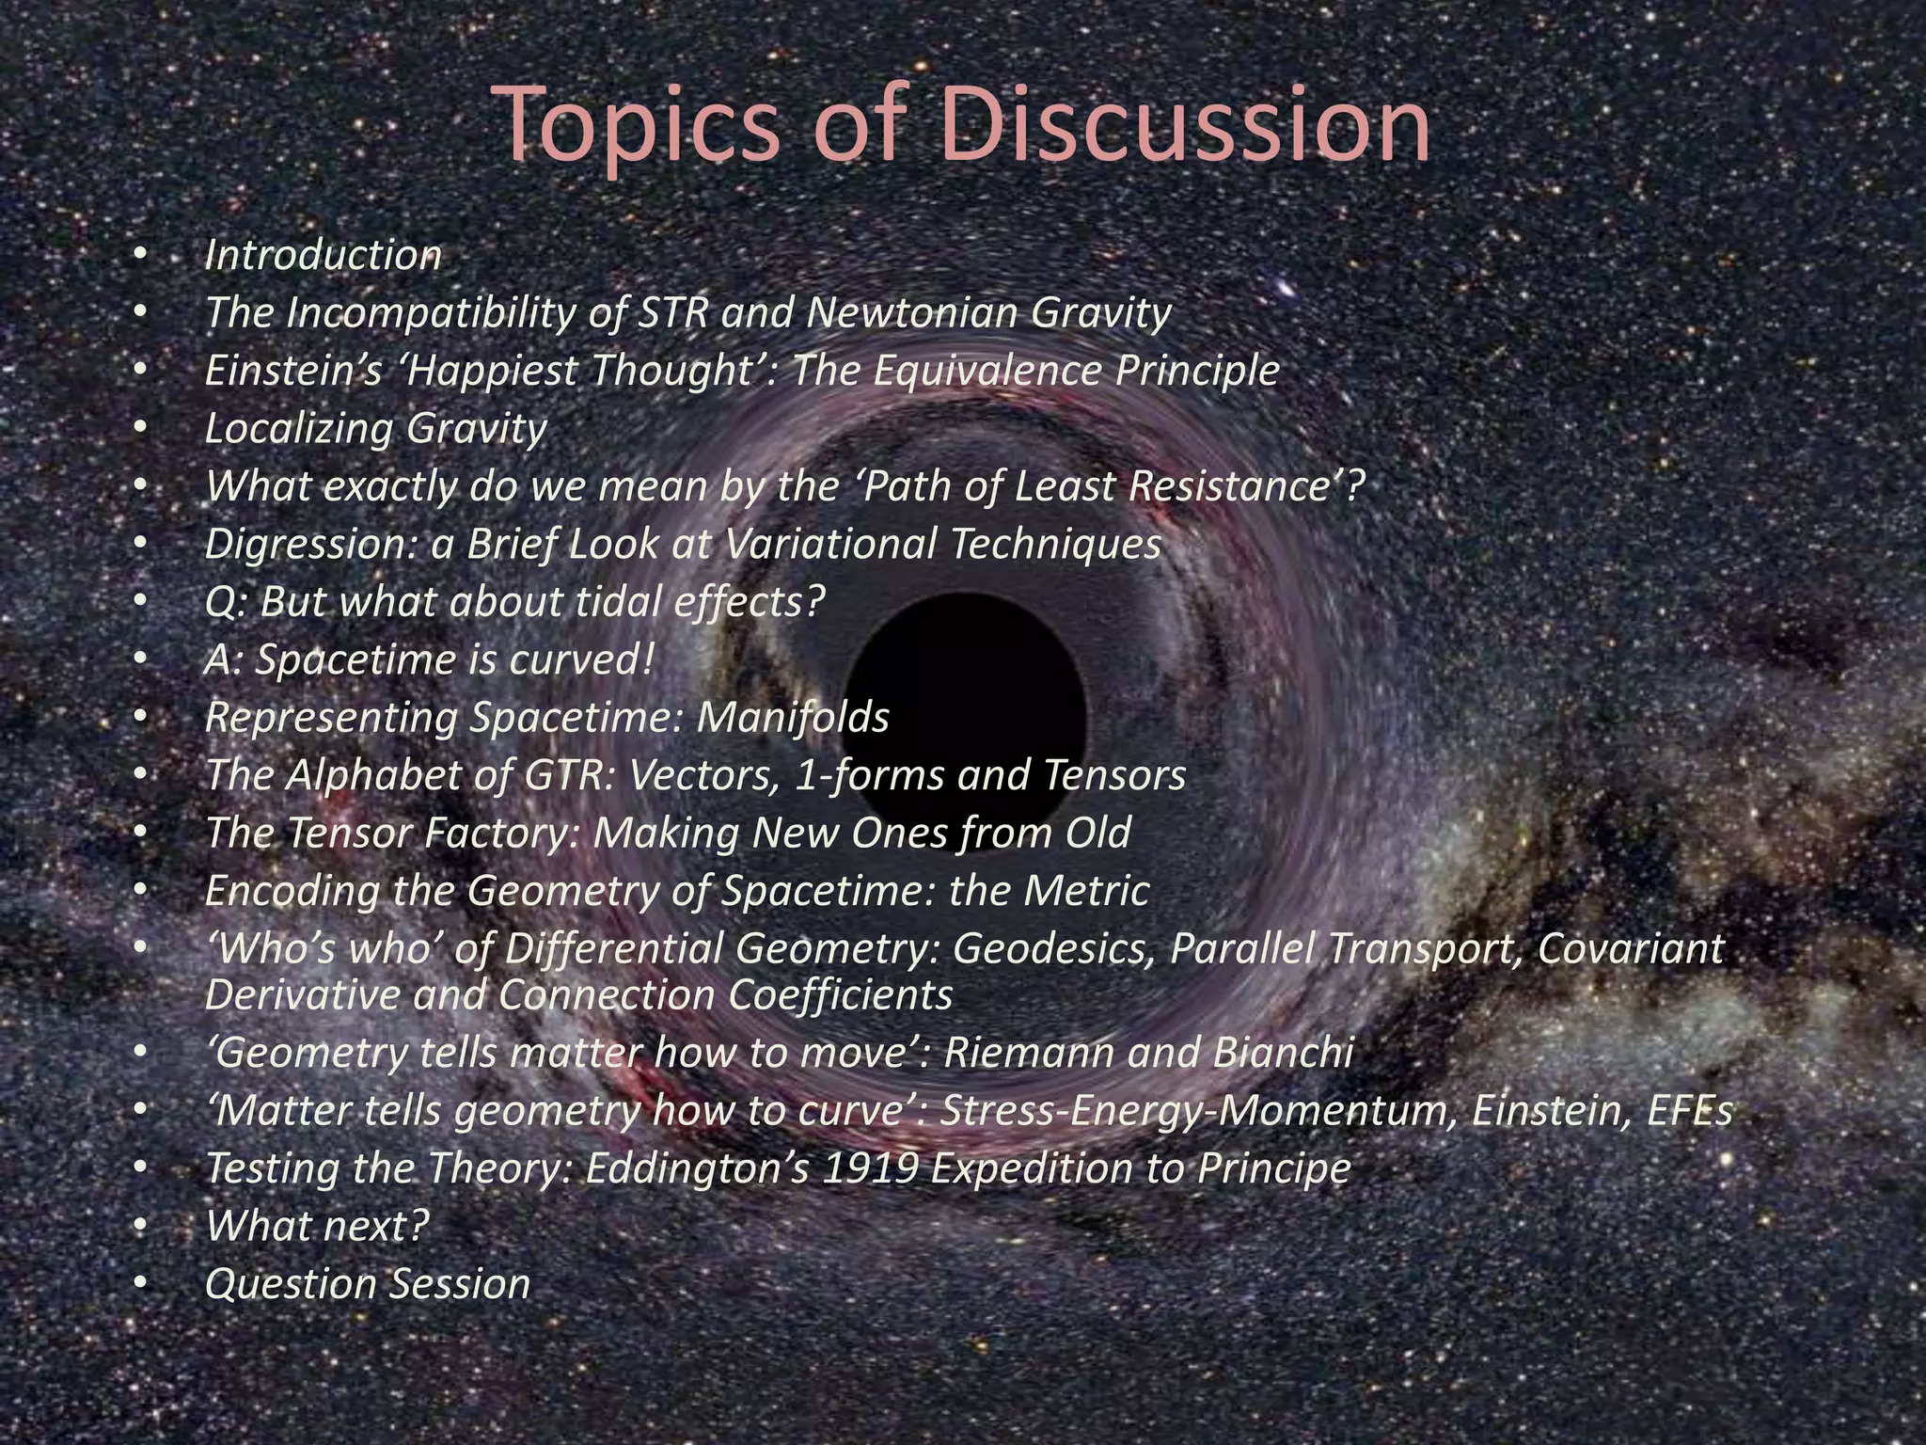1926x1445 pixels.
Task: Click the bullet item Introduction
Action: (x=323, y=255)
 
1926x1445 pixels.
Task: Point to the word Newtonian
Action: (x=912, y=312)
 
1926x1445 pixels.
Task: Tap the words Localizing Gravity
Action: (x=375, y=429)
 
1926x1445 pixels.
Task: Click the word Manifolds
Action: (x=793, y=718)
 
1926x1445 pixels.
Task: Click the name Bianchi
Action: (x=1283, y=1053)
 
